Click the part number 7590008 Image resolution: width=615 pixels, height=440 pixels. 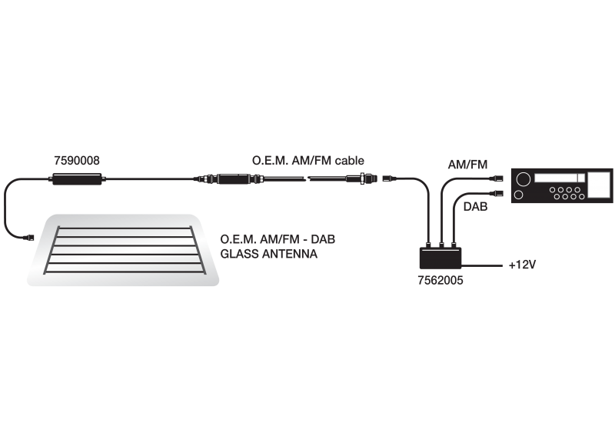coord(77,161)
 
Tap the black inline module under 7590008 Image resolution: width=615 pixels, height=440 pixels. coord(78,179)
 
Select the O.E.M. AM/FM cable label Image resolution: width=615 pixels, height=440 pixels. coord(308,161)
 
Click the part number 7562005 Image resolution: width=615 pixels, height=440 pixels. coord(440,280)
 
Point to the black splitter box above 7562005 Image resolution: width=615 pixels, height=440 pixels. coord(440,258)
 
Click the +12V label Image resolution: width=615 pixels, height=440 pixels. coord(522,265)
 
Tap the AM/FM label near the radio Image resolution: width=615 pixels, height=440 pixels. coord(467,165)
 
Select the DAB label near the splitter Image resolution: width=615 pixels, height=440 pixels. coord(475,206)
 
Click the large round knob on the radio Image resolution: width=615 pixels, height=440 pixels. coord(524,179)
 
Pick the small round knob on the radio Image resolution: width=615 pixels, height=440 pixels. coord(518,195)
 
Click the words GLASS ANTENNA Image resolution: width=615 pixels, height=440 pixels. coord(268,254)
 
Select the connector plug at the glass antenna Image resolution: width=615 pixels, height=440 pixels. coord(29,238)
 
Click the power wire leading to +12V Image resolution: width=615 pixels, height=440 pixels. coord(482,265)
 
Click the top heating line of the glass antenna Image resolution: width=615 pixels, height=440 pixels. coord(125,228)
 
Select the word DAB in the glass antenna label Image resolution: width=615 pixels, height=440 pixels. coord(323,239)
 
